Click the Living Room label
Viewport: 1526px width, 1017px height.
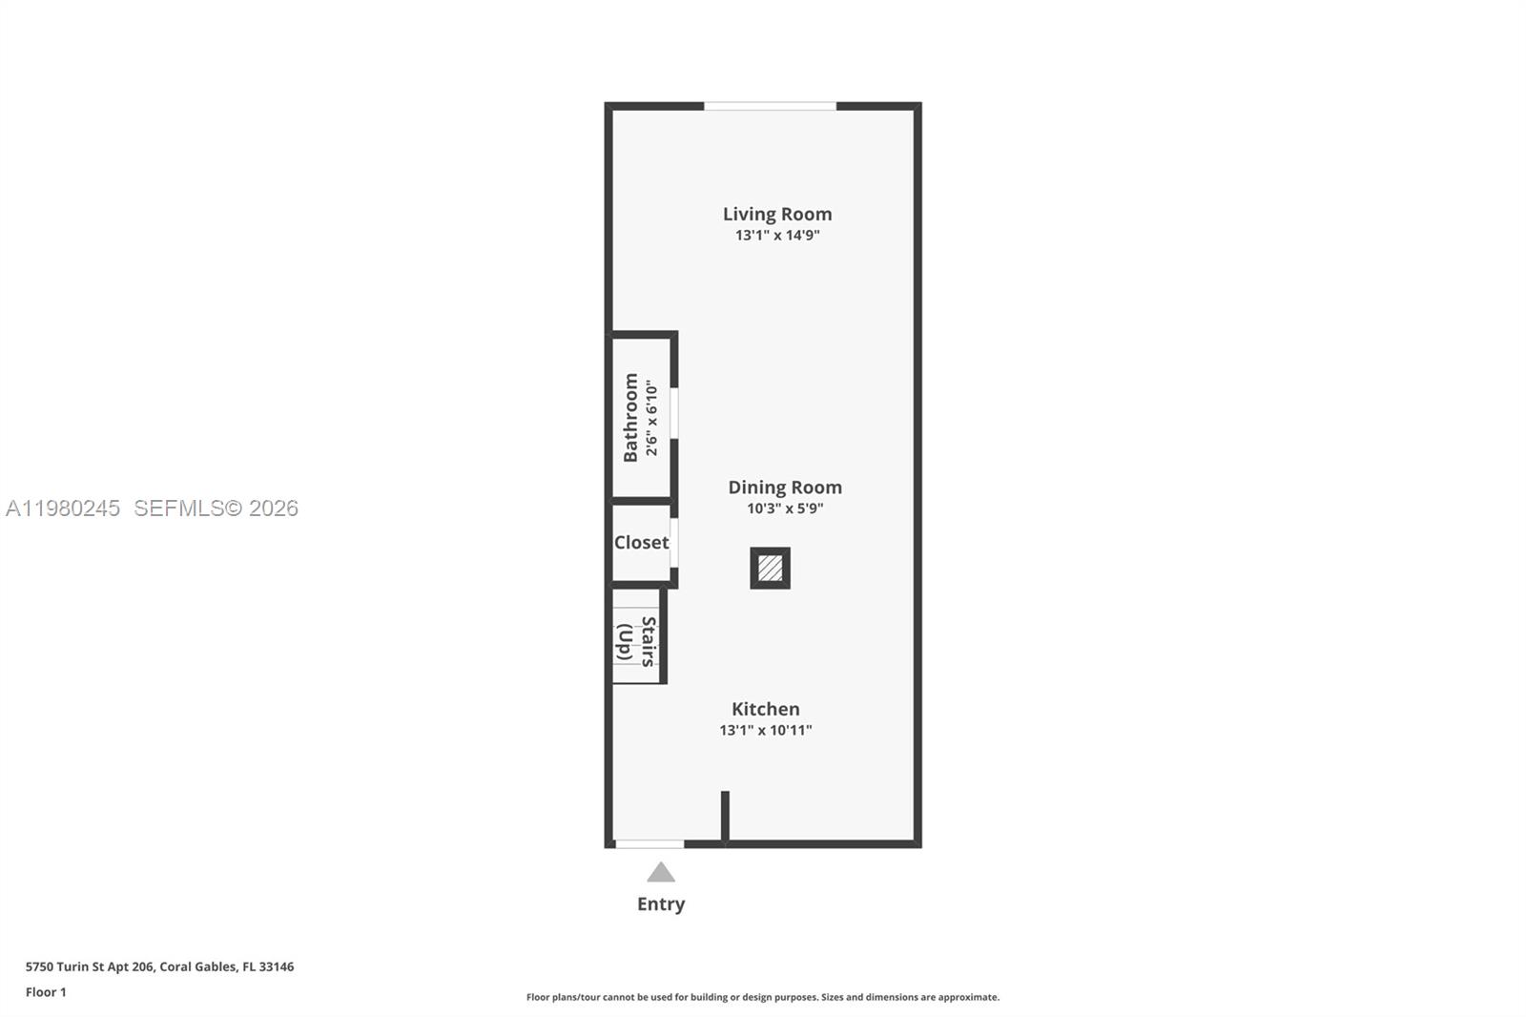pyautogui.click(x=776, y=214)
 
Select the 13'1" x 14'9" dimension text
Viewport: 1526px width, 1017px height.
pyautogui.click(x=776, y=236)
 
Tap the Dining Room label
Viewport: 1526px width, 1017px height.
pyautogui.click(x=784, y=487)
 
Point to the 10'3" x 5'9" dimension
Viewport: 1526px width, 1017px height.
pyautogui.click(x=784, y=508)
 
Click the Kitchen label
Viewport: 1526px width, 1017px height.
pyautogui.click(x=765, y=709)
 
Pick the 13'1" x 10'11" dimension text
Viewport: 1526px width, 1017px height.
pyautogui.click(x=765, y=731)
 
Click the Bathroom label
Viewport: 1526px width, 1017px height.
pyautogui.click(x=630, y=417)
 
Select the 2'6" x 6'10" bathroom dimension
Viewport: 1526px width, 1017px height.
pyautogui.click(x=651, y=418)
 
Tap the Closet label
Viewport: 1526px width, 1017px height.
pyautogui.click(x=641, y=542)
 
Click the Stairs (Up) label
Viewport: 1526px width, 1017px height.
pyautogui.click(x=636, y=640)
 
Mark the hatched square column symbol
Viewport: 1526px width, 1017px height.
pyautogui.click(x=770, y=569)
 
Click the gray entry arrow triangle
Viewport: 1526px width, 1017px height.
pyautogui.click(x=661, y=872)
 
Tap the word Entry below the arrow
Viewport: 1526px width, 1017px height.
pyautogui.click(x=661, y=903)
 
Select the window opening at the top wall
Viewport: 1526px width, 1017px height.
pyautogui.click(x=770, y=106)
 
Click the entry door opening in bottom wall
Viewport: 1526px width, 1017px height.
pyautogui.click(x=650, y=843)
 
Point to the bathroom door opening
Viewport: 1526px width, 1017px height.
pyautogui.click(x=673, y=412)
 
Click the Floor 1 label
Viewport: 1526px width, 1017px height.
pyautogui.click(x=46, y=992)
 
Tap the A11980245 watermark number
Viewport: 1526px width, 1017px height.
pyautogui.click(x=63, y=508)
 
